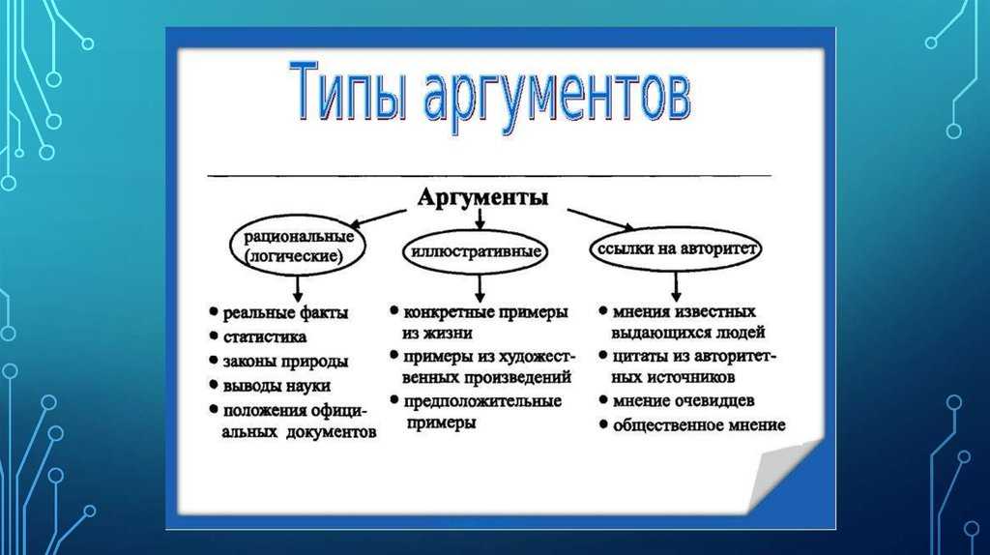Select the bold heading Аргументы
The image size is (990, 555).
pos(483,197)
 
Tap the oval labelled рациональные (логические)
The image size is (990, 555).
pos(297,247)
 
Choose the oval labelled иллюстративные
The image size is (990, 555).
pos(476,251)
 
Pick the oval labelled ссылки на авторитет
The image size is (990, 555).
pos(676,248)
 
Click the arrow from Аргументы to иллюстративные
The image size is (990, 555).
pos(480,219)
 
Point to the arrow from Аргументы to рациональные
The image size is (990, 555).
pos(378,219)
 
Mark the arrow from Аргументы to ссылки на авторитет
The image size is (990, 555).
pos(600,219)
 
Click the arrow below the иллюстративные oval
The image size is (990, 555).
pos(480,288)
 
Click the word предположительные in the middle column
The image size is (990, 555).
pos(482,401)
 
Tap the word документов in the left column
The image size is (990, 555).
pos(332,432)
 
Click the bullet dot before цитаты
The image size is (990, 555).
pos(603,356)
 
